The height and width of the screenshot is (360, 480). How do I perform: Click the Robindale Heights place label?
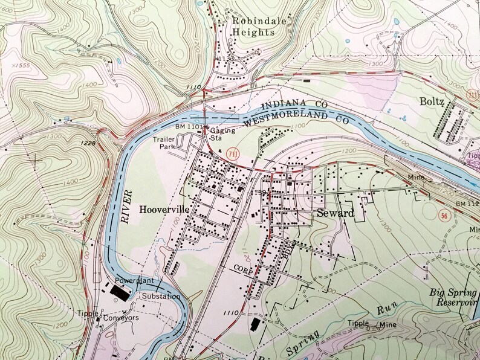coord(253,25)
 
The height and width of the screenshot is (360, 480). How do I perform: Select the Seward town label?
coord(334,213)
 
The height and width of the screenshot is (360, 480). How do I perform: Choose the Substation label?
coord(161,297)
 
